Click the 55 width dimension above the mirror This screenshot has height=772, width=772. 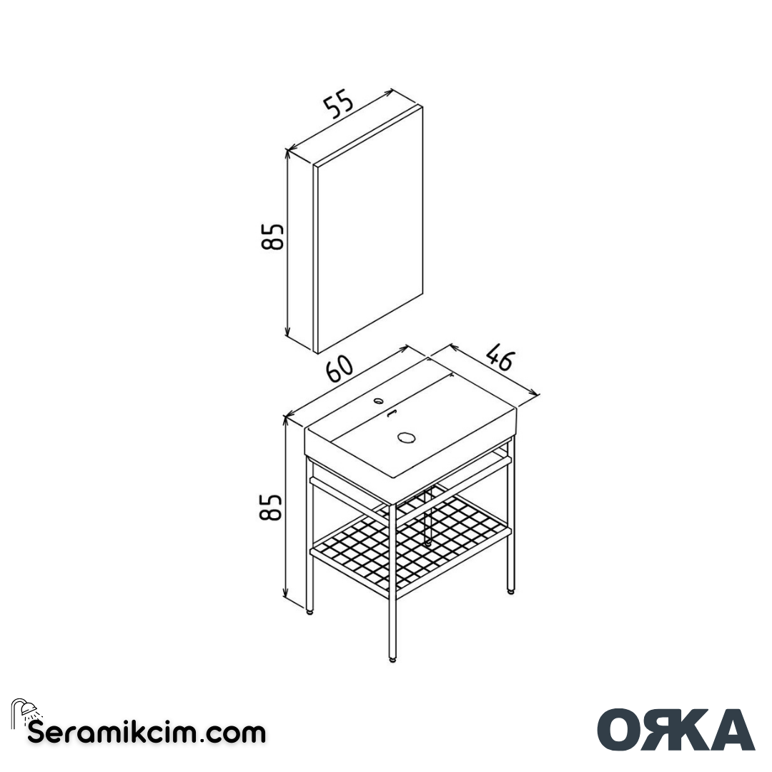[339, 104]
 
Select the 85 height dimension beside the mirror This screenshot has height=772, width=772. [273, 237]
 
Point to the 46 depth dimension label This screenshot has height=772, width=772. [500, 357]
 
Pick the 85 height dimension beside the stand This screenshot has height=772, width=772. [272, 507]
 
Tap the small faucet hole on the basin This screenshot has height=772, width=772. [378, 401]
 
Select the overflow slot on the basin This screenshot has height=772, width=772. [390, 413]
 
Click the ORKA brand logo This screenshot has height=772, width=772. [675, 729]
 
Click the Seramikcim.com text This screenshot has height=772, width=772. [147, 733]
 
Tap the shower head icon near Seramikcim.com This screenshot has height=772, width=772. [26, 711]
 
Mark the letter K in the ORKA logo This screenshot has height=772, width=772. [678, 729]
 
